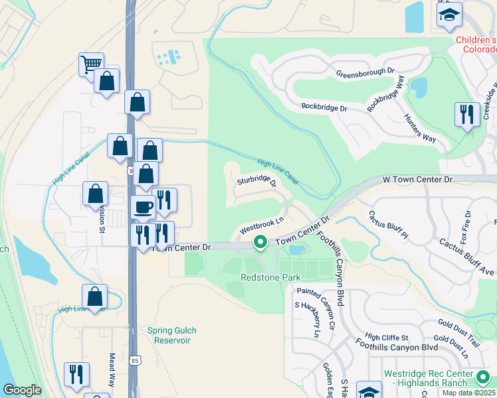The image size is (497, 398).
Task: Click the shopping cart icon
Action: (x=92, y=65)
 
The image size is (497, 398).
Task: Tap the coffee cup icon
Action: (x=144, y=208)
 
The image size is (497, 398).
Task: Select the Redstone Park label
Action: (x=270, y=277)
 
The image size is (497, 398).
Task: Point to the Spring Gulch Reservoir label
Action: (x=167, y=335)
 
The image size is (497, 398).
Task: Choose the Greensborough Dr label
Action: (x=365, y=72)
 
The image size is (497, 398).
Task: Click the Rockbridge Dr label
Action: (x=324, y=107)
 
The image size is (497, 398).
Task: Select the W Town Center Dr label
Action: (x=418, y=180)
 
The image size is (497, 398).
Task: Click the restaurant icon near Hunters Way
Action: (x=467, y=114)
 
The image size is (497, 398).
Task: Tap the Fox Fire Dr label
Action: (x=468, y=224)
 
